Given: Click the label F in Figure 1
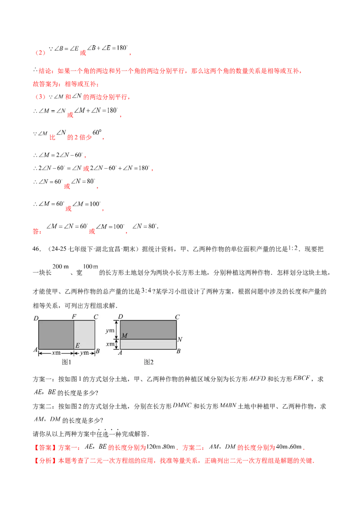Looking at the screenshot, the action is click(74, 317).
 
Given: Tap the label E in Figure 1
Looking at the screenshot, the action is click(77, 345).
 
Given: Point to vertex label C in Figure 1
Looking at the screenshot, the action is click(96, 317).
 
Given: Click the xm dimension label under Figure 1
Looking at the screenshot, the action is click(56, 353).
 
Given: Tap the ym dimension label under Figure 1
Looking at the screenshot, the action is click(84, 353).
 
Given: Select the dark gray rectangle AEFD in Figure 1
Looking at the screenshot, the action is click(56, 335).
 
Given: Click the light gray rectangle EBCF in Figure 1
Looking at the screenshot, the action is click(85, 335).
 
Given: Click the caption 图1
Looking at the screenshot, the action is click(67, 362).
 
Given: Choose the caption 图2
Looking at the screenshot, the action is click(149, 362).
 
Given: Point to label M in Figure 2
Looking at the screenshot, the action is click(125, 336).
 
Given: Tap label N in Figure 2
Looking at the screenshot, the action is click(180, 339).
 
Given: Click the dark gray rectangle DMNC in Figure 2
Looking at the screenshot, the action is click(148, 330).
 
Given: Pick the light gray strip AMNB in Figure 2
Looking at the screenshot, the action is click(148, 344).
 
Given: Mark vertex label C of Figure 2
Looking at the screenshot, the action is click(178, 317).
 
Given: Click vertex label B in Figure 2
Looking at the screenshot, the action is click(179, 352).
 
